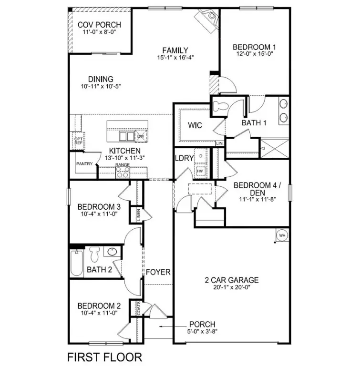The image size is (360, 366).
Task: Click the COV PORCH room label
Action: coord(99,25)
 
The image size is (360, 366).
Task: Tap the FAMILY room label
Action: coord(175,50)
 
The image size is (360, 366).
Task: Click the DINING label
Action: coord(101,79)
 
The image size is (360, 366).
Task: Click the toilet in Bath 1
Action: coord(220,106)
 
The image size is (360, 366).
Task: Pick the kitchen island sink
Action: coord(126,137)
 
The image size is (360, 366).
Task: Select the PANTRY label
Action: coord(84,163)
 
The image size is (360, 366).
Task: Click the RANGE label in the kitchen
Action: coord(122,165)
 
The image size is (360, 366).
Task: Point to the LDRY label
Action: coord(184,158)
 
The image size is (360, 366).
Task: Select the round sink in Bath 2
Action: coord(112,251)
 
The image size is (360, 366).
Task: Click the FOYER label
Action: coord(158,272)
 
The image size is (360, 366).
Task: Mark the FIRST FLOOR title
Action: coord(104,356)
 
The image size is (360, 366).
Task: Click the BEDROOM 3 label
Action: coord(99,207)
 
